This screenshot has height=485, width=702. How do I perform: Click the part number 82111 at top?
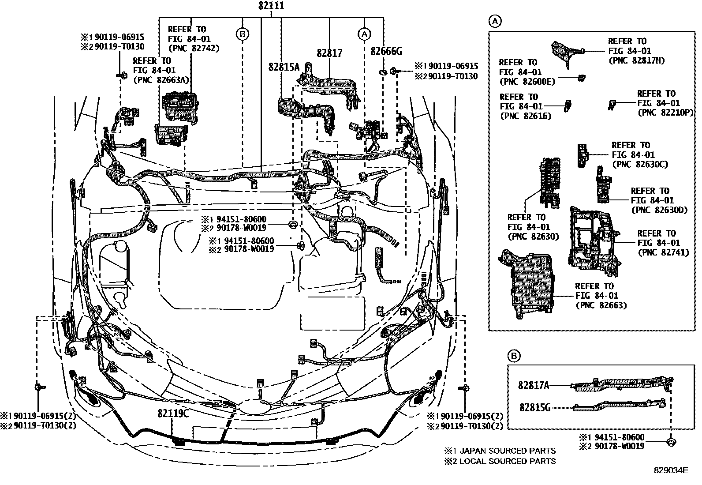pyautogui.click(x=271, y=6)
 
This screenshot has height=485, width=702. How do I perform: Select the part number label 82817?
pyautogui.click(x=329, y=53)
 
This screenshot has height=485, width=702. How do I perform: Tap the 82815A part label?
pyautogui.click(x=284, y=67)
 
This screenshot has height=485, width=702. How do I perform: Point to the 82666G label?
pyautogui.click(x=386, y=52)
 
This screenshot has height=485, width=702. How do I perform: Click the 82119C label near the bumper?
pyautogui.click(x=173, y=414)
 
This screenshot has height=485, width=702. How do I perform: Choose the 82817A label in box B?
pyautogui.click(x=534, y=386)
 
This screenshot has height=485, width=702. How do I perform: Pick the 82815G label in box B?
pyautogui.click(x=534, y=408)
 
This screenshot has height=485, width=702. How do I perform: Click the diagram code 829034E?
pyautogui.click(x=671, y=470)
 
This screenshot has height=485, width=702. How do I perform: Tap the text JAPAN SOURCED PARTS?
pyautogui.click(x=508, y=451)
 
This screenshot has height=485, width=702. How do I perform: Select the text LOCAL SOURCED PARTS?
pyautogui.click(x=508, y=462)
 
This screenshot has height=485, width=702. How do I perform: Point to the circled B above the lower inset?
pyautogui.click(x=514, y=356)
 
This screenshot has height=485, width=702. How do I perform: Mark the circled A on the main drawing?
pyautogui.click(x=364, y=34)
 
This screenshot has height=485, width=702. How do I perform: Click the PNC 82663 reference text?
pyautogui.click(x=601, y=305)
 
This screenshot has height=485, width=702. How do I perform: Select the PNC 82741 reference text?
pyautogui.click(x=663, y=253)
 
